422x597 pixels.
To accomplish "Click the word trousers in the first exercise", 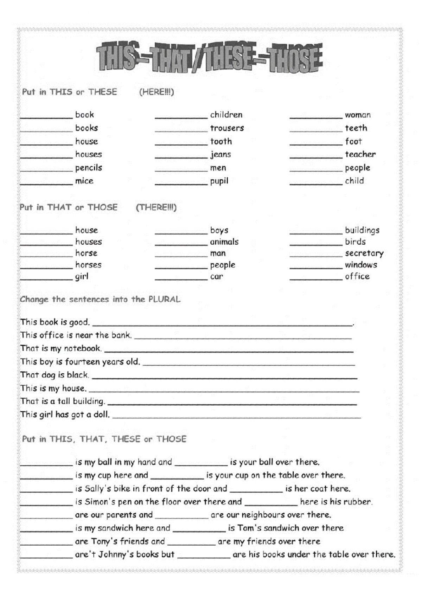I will (x=227, y=128).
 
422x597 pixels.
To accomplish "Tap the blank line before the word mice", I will (x=46, y=183).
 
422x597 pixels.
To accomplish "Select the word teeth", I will (x=356, y=128).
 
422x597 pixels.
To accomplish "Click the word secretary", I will (x=364, y=253).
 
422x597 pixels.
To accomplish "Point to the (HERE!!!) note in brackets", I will (x=156, y=92).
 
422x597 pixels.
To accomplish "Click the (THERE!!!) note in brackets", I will (x=156, y=207).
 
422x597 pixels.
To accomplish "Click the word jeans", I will (x=220, y=155).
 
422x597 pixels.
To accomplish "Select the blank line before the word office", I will (x=316, y=279).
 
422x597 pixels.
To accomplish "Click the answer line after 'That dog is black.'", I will (x=224, y=377).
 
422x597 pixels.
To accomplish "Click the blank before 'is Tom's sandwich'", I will (x=199, y=531).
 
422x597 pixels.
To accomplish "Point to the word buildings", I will (x=362, y=230).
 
